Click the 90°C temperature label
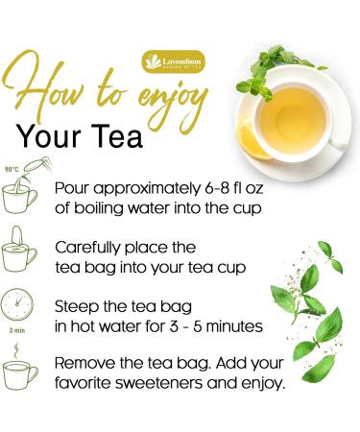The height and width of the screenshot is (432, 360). coord(12,167)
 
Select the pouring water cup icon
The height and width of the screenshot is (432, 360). coord(21,190)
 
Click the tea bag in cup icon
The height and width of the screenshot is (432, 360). coord(21,252)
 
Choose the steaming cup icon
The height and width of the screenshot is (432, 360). coord(21,372)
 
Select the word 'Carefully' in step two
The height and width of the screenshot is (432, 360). coord(87,247)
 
